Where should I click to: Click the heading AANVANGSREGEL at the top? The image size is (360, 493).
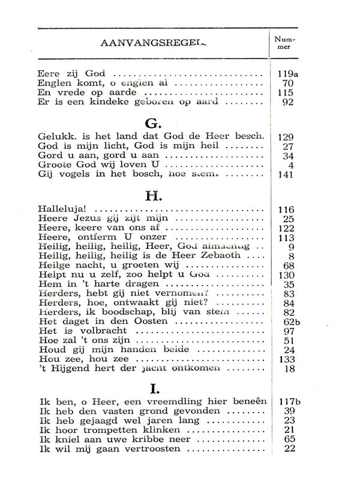click(x=154, y=44)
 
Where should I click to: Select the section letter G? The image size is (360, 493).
click(x=151, y=124)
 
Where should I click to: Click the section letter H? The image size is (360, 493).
click(x=151, y=196)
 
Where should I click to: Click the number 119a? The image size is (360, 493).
click(x=289, y=74)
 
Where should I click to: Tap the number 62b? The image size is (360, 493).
click(x=289, y=322)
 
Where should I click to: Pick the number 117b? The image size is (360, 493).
click(x=289, y=401)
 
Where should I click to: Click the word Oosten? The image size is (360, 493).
click(x=149, y=322)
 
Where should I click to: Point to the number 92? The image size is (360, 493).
click(x=287, y=102)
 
